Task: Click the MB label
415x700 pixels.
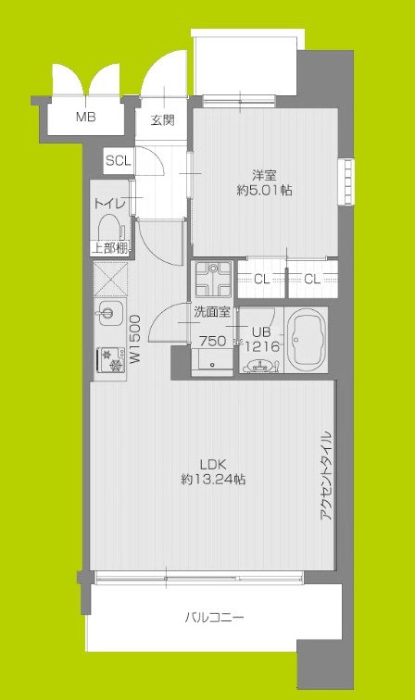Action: click(85, 118)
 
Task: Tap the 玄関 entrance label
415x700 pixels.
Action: click(163, 119)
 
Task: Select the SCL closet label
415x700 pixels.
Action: click(118, 160)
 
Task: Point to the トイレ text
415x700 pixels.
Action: click(109, 203)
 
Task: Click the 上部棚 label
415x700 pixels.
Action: click(109, 247)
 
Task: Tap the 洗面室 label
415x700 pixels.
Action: click(211, 313)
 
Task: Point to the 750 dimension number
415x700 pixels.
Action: click(214, 342)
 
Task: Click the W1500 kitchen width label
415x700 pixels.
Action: click(135, 340)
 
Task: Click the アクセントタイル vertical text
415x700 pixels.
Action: click(325, 476)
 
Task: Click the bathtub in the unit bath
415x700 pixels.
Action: click(307, 341)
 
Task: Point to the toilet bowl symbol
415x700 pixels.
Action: click(109, 227)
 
